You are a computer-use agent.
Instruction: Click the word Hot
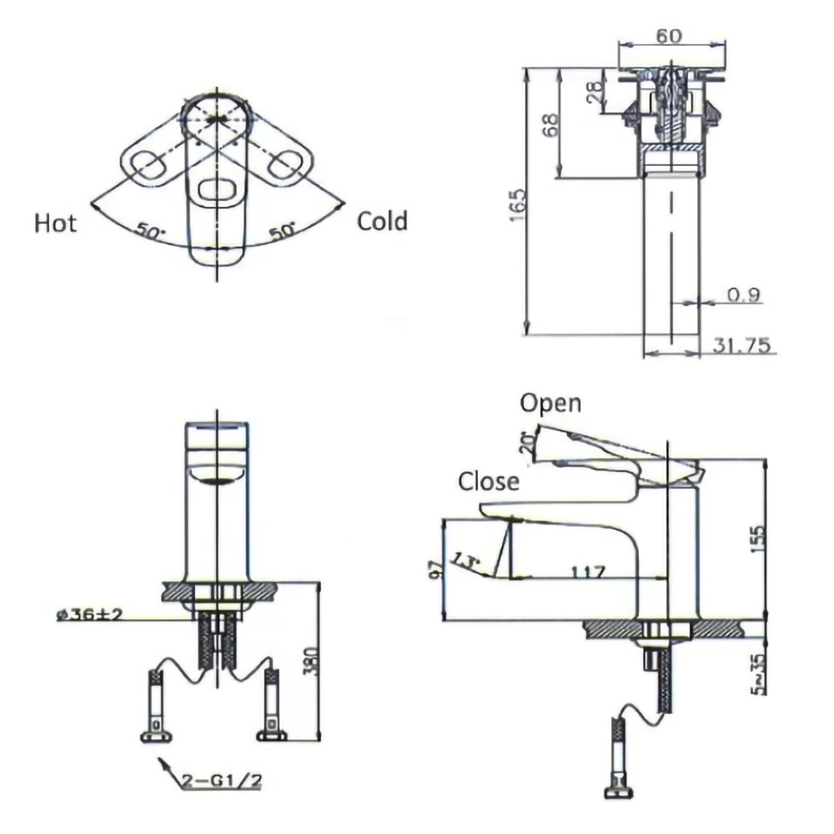click(55, 223)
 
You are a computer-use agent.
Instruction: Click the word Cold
click(382, 221)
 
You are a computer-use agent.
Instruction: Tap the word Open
click(550, 403)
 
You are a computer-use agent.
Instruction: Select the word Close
click(488, 481)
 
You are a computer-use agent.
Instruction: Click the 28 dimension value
click(595, 91)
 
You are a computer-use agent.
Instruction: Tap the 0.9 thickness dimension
click(742, 295)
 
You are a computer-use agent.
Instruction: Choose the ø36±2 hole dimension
click(89, 615)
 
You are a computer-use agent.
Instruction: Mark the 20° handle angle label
click(526, 441)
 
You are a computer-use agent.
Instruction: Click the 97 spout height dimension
click(434, 570)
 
